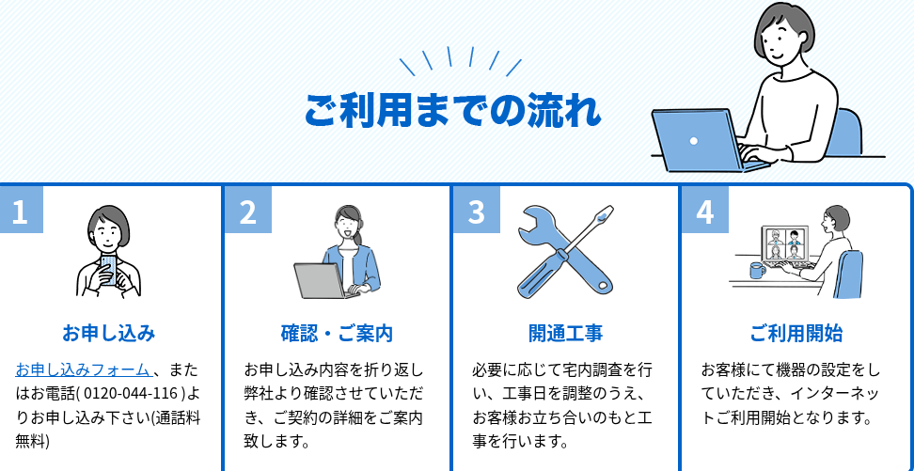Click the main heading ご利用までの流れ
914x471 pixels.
click(x=452, y=110)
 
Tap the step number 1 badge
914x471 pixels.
click(x=21, y=211)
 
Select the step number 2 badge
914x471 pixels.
click(x=248, y=211)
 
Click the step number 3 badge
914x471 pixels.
click(x=477, y=211)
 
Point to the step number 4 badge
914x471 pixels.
click(x=705, y=211)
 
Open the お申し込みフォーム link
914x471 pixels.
click(x=83, y=369)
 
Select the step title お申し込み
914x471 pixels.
click(x=108, y=334)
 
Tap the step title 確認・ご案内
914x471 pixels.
click(x=337, y=334)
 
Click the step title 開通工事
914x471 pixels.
click(x=565, y=334)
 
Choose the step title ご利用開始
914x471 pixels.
click(x=796, y=334)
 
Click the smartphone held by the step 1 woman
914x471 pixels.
click(x=109, y=269)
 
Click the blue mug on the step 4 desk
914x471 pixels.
click(x=757, y=270)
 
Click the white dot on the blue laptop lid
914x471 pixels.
click(x=694, y=140)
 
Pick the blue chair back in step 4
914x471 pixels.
click(x=849, y=274)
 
